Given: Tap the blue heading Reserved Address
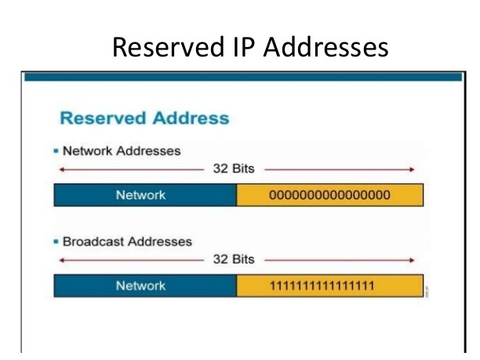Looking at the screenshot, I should click(144, 119).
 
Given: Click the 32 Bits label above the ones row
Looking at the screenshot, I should click(234, 258).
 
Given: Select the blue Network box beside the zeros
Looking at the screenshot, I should click(145, 195).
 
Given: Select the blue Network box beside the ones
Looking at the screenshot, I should click(145, 286).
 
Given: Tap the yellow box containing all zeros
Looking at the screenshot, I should click(329, 195).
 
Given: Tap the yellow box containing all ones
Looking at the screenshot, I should click(329, 286).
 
